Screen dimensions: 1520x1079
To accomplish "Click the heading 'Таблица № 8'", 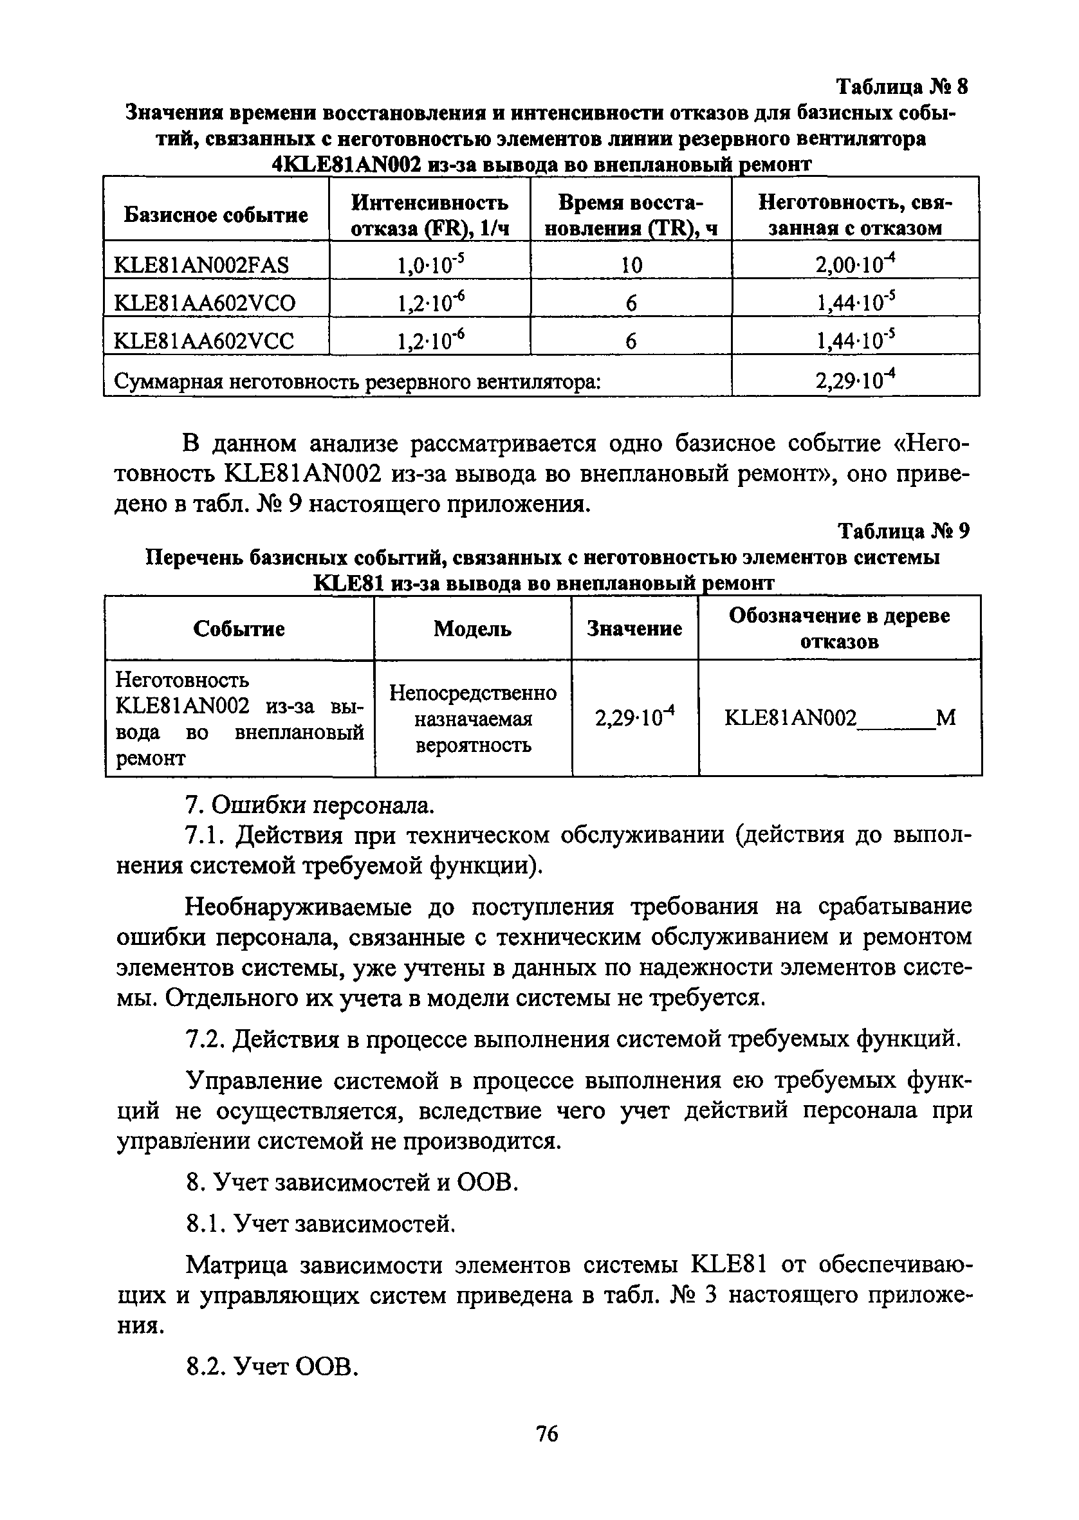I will coord(901,87).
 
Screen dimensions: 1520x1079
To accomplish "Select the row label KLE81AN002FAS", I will coord(201,266).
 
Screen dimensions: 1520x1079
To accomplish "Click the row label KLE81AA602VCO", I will coord(205,304).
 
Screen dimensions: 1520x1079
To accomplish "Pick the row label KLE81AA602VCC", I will coord(204,342).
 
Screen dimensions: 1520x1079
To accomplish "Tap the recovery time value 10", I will coord(631,266).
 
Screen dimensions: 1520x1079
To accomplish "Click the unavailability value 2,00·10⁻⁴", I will coord(856,264).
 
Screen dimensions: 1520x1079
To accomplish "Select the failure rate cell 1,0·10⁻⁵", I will coord(429,264).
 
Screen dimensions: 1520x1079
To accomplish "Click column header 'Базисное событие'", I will coord(216,215).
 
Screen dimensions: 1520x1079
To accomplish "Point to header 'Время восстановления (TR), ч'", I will coord(631,215).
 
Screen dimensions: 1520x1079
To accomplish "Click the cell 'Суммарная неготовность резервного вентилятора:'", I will coord(358,382).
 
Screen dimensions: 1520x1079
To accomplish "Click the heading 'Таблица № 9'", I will coord(903,531).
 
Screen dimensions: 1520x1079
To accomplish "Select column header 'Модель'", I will coord(472,628).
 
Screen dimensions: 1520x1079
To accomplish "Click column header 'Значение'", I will coord(634,628).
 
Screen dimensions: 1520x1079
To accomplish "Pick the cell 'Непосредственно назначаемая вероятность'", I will coord(472,719).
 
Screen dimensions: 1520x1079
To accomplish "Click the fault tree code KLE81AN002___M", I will coord(839,718).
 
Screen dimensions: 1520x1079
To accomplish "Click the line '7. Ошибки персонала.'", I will coord(309,805).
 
